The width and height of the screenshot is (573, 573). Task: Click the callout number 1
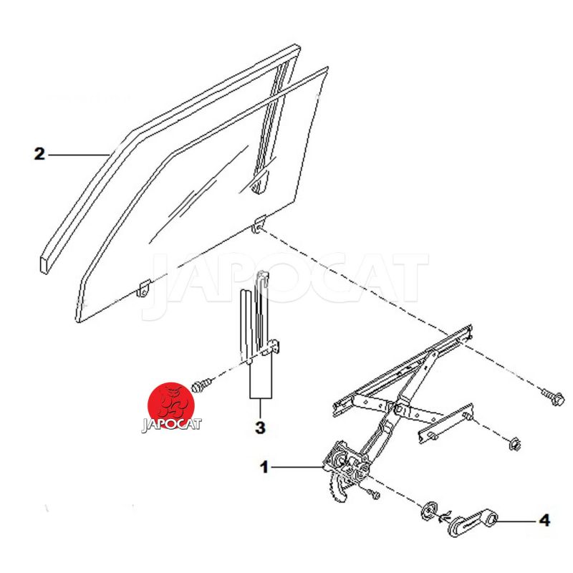[x=264, y=467]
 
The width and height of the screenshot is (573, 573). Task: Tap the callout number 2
[x=39, y=154]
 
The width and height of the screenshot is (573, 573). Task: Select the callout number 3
[x=260, y=428]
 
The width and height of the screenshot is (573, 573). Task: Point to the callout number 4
[x=544, y=520]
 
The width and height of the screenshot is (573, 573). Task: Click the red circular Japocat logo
[x=170, y=405]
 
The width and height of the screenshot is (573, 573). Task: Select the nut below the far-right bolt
[x=515, y=443]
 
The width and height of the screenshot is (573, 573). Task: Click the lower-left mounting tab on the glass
[x=144, y=288]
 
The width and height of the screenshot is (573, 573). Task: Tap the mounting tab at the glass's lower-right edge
[x=259, y=224]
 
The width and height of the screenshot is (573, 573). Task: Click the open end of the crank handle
[x=492, y=517]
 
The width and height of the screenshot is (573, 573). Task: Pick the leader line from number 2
[x=78, y=155]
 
